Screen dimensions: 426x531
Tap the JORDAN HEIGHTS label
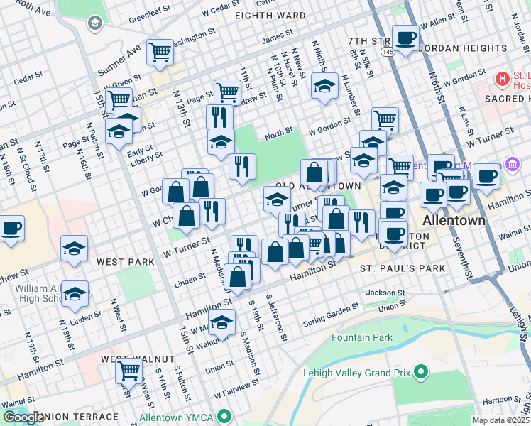[x=463, y=48]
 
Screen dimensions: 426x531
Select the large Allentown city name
[x=454, y=220]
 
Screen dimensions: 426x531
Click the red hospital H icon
[x=503, y=77]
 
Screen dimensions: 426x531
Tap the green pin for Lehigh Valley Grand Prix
[x=421, y=371]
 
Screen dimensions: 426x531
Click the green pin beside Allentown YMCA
[x=225, y=416]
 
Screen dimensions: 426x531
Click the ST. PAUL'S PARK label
[x=403, y=268]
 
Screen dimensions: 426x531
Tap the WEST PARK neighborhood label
[x=126, y=262]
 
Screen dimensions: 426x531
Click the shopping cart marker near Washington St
[x=160, y=52]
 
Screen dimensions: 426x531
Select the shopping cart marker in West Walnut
[x=128, y=370]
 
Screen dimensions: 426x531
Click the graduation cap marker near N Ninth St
[x=324, y=87]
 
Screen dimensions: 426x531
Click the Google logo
[x=23, y=417]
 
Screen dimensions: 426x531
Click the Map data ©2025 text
[x=500, y=420]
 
